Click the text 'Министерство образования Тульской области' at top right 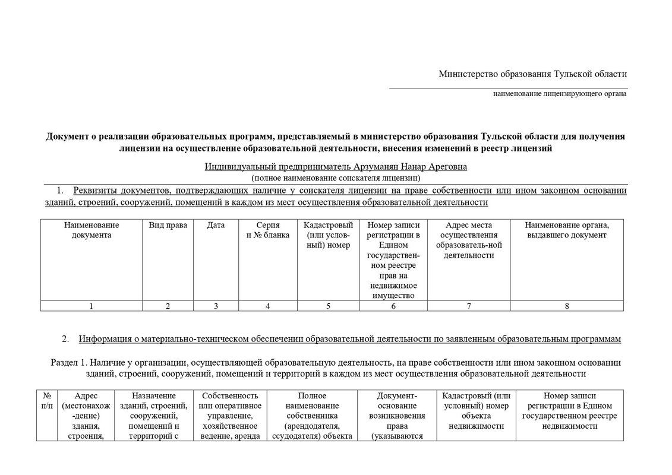(x=532, y=74)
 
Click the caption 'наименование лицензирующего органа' (x=559, y=94)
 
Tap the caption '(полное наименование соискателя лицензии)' (x=336, y=178)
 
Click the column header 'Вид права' (x=168, y=225)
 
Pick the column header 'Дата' (x=216, y=225)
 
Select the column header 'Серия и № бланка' (x=268, y=230)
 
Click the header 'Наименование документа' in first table (x=92, y=230)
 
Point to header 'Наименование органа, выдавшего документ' (x=567, y=230)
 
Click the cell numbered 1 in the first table (x=92, y=306)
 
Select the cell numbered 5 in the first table (x=328, y=306)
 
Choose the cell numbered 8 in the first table (x=567, y=306)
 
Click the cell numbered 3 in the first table (x=216, y=306)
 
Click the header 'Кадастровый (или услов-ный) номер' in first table (x=328, y=235)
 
